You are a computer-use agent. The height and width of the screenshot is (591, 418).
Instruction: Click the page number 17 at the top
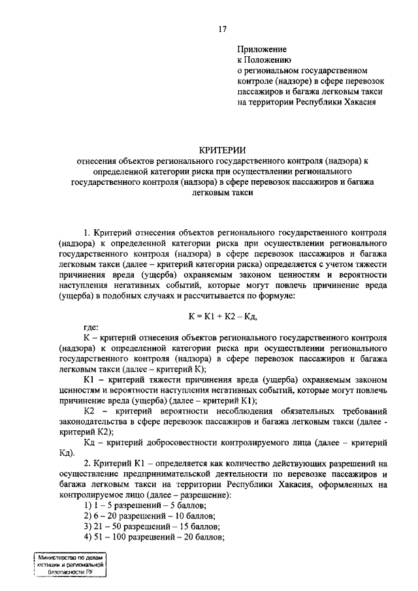tap(222, 29)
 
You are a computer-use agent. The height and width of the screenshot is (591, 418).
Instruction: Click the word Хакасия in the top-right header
tap(358, 101)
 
